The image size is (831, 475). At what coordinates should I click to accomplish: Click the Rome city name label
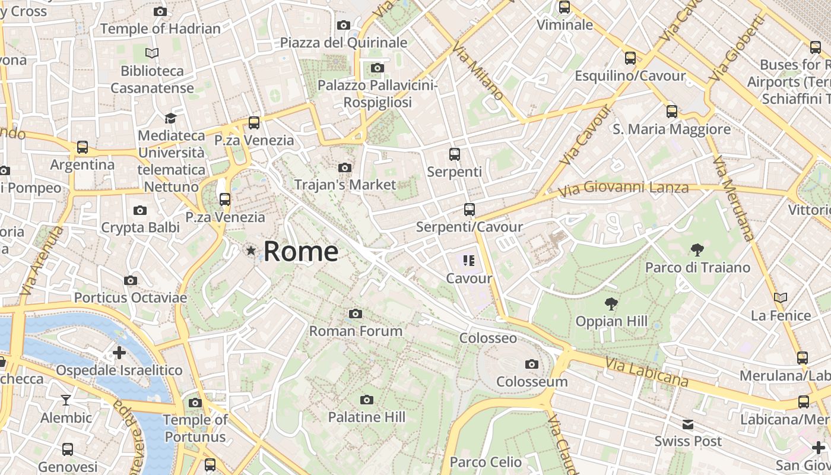(x=301, y=251)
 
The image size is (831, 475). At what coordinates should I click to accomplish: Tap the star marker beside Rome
(x=251, y=251)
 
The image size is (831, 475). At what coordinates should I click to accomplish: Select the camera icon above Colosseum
(x=532, y=364)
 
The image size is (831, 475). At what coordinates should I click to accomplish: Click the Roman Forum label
(x=356, y=331)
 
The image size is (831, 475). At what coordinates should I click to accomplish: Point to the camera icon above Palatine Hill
(x=367, y=400)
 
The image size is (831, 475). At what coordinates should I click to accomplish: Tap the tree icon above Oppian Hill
(x=611, y=305)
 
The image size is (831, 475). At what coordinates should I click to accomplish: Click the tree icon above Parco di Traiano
(x=697, y=250)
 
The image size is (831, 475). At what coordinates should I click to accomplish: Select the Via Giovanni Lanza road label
(x=623, y=188)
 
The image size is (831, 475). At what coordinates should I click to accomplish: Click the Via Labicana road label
(x=647, y=372)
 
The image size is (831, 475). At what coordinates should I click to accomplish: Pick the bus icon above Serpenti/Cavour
(x=470, y=210)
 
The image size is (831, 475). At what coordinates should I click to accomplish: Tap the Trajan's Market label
(x=345, y=185)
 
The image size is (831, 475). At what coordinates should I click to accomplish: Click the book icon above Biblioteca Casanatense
(x=153, y=53)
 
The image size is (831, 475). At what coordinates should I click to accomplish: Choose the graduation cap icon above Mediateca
(x=171, y=118)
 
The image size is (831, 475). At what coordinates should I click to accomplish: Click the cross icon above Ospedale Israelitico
(x=119, y=353)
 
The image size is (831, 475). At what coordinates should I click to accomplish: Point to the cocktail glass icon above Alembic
(x=66, y=400)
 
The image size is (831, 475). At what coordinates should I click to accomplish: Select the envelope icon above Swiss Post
(x=688, y=425)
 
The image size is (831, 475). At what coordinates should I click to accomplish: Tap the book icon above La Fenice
(x=781, y=297)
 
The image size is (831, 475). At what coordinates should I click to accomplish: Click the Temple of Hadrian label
(x=160, y=28)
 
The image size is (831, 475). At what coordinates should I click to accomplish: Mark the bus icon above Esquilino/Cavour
(x=630, y=58)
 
